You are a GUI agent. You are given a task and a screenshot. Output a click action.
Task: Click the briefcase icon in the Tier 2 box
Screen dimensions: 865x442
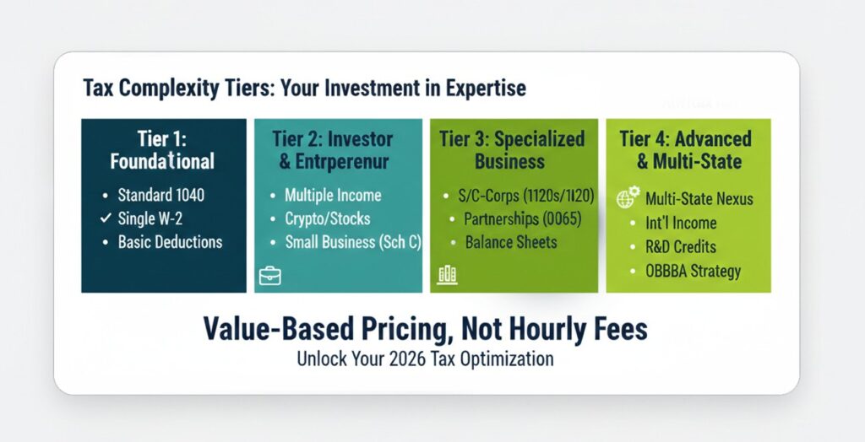(x=269, y=276)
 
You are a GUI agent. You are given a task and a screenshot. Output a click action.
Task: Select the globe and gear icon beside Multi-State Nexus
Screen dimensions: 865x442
(x=628, y=197)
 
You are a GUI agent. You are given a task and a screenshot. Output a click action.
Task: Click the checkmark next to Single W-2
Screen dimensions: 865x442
(x=106, y=218)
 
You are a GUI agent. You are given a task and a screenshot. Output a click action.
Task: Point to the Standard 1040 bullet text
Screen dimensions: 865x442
(x=161, y=195)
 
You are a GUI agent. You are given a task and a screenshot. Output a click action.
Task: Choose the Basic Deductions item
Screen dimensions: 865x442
(x=170, y=242)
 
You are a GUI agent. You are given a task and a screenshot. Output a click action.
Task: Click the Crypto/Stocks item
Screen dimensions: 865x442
(x=328, y=218)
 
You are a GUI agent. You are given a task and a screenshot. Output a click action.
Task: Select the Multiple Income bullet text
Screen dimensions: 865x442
(x=333, y=195)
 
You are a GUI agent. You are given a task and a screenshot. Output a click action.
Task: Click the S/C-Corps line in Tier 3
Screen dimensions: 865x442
(x=525, y=197)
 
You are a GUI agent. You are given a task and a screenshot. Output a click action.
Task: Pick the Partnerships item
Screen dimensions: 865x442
(x=522, y=219)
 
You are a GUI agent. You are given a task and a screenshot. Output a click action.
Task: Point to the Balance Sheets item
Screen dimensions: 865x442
(x=511, y=242)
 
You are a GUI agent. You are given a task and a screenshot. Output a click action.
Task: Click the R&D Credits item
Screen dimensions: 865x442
(x=681, y=246)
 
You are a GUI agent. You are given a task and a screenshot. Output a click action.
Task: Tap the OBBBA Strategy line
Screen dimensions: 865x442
(x=693, y=271)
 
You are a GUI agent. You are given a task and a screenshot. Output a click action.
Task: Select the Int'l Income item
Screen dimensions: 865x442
(x=681, y=223)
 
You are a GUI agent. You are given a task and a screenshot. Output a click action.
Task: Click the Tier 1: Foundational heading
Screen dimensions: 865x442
(x=162, y=150)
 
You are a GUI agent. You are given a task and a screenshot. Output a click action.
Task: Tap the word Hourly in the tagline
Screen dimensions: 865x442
(x=549, y=330)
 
